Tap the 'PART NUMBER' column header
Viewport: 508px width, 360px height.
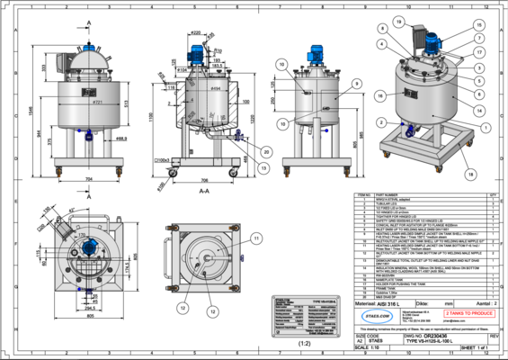pyautogui.click(x=387, y=193)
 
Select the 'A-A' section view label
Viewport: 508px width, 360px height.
pyautogui.click(x=203, y=191)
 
